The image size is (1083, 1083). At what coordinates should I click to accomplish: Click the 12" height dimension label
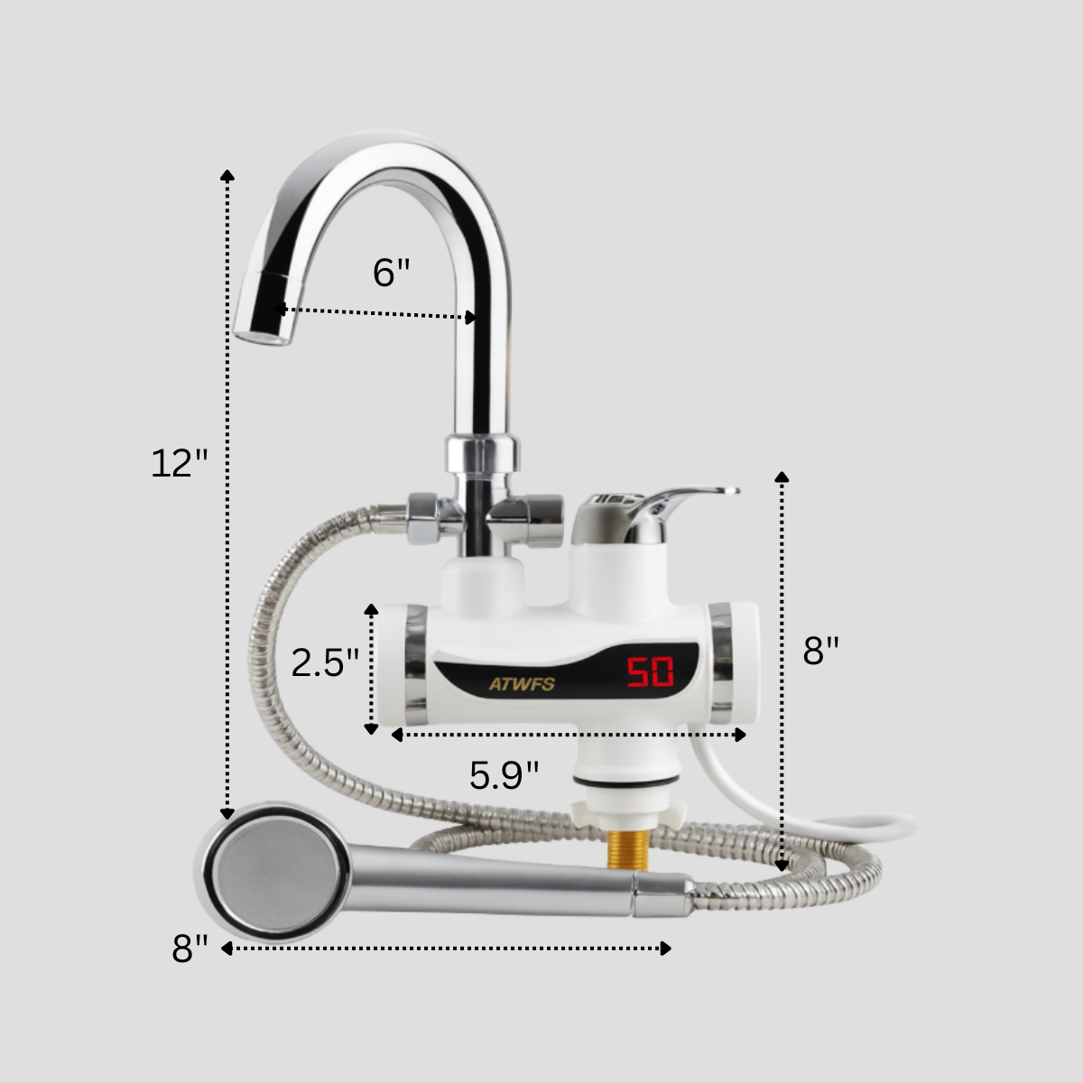[180, 464]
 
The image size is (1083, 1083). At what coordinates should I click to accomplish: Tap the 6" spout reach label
[391, 272]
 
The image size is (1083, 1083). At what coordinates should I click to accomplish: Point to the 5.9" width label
[504, 774]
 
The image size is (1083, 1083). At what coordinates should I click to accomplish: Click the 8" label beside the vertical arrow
[821, 650]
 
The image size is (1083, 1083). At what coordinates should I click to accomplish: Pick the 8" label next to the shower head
[190, 949]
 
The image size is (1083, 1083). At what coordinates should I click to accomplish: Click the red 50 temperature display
[650, 671]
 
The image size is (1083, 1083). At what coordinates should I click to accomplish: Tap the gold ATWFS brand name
[522, 684]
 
